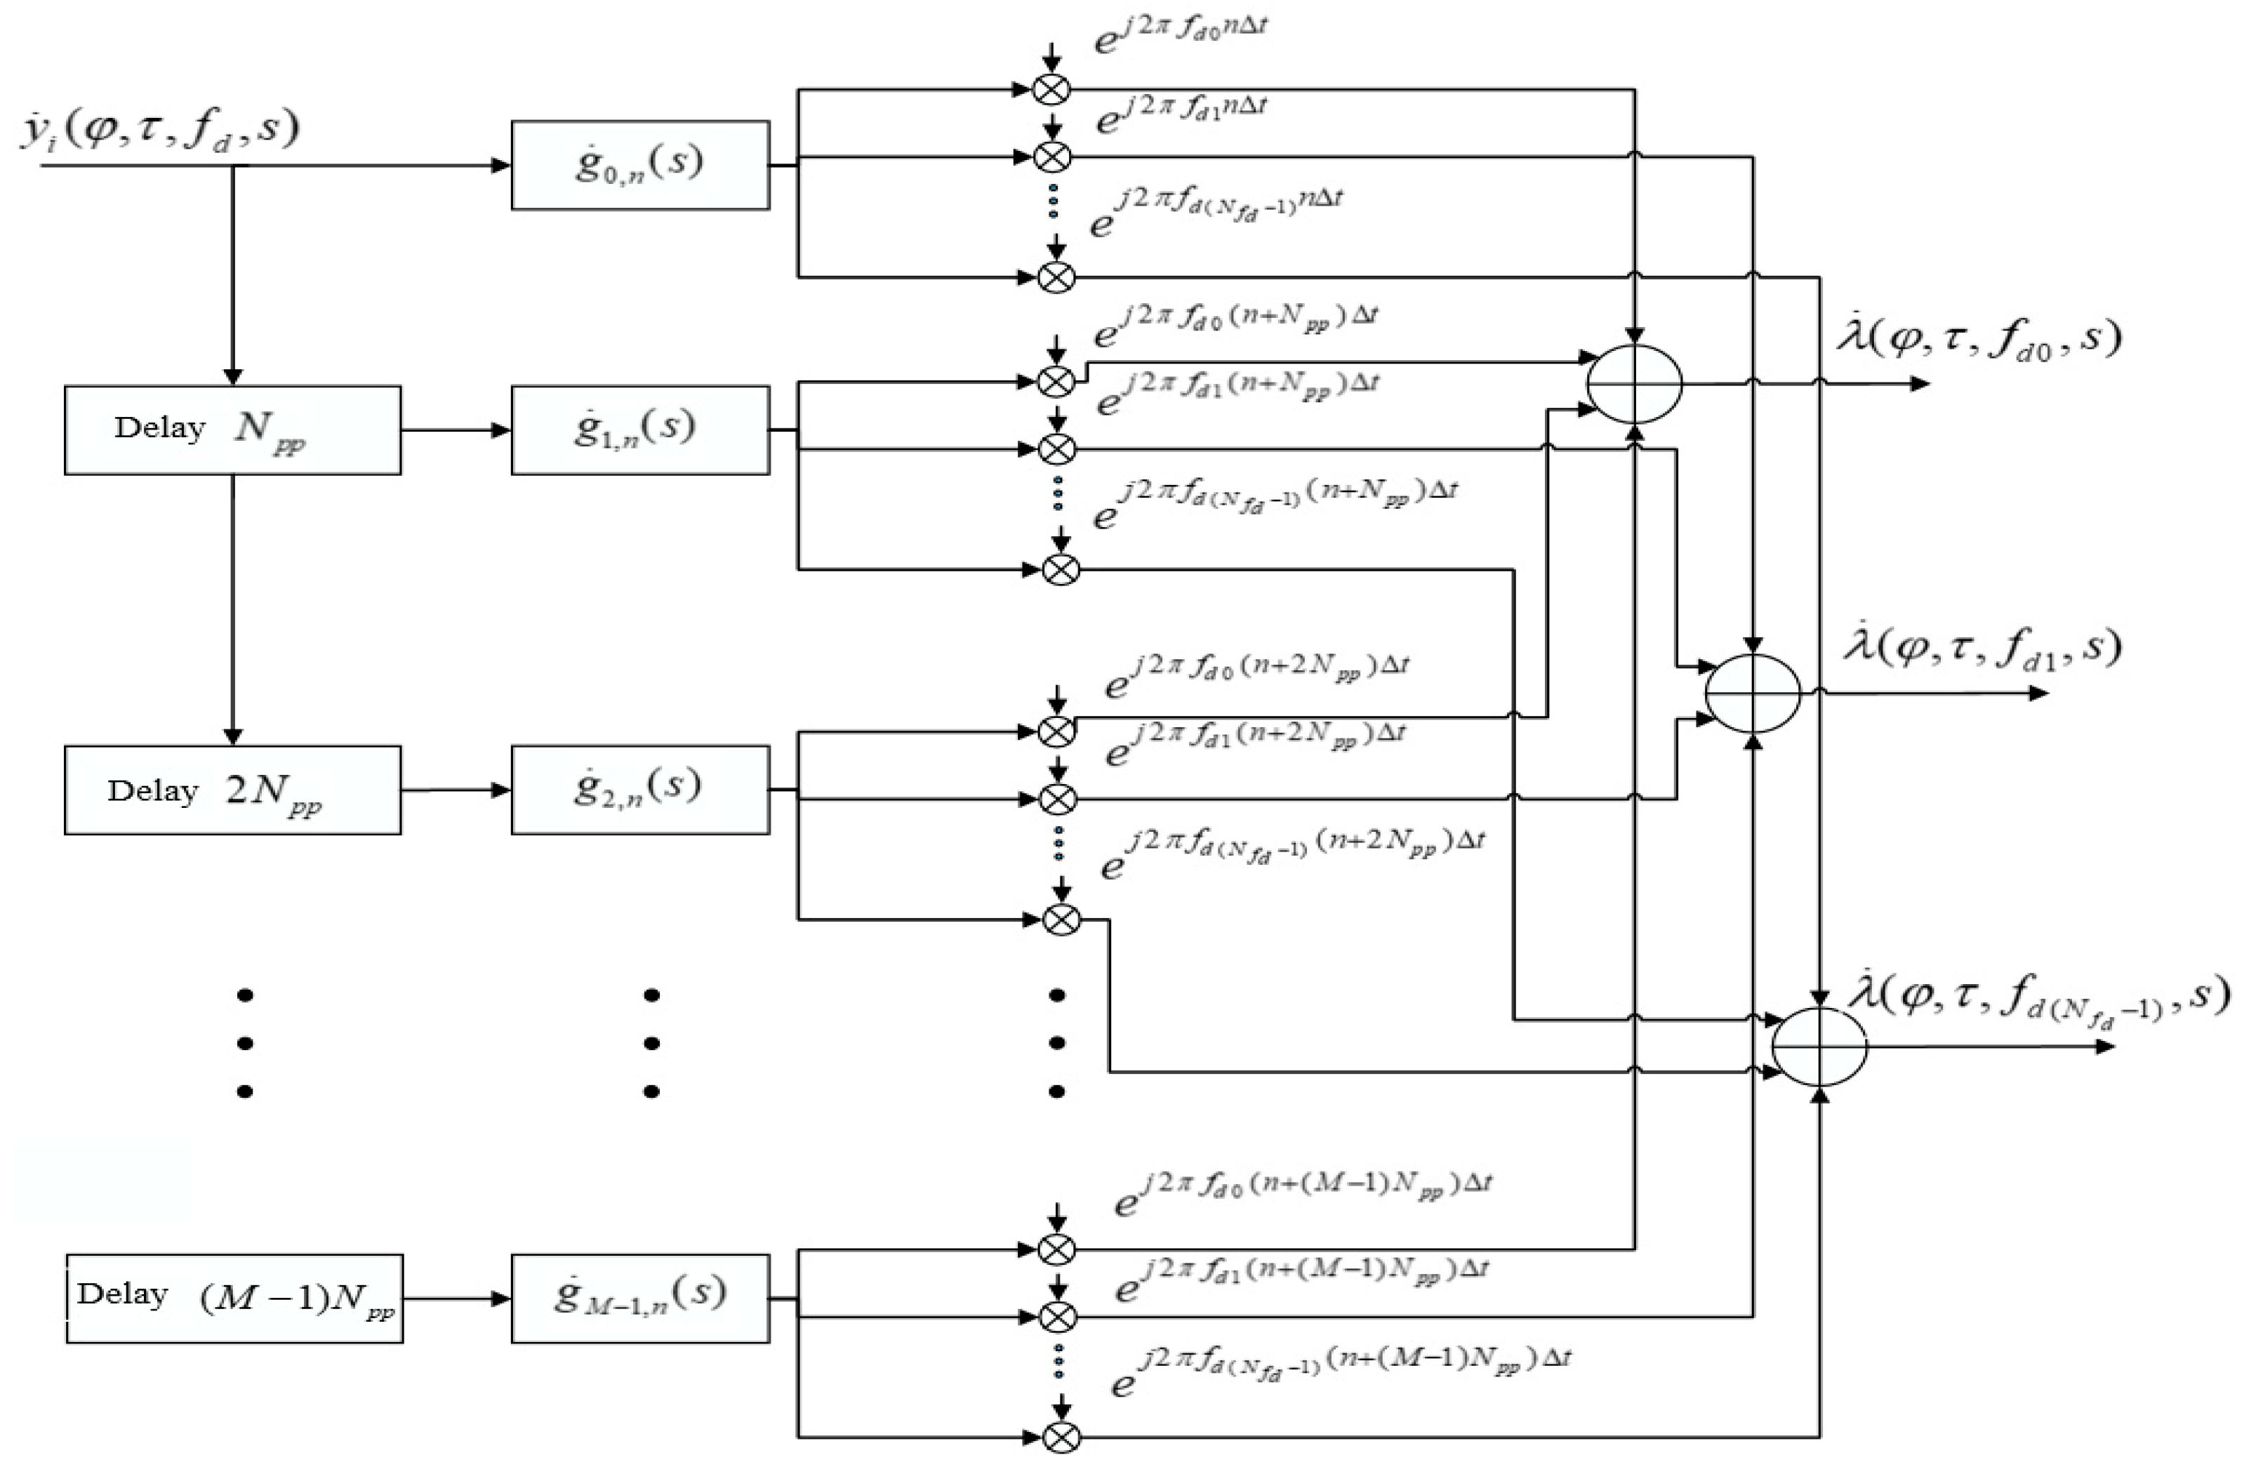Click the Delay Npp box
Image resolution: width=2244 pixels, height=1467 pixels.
coord(232,430)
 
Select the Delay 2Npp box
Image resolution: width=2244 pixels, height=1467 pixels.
coord(232,790)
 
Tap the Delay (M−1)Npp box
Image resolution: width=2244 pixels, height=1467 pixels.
coord(234,1299)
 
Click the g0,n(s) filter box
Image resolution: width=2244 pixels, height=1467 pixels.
coord(640,165)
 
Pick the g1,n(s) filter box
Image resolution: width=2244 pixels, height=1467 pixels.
coord(640,430)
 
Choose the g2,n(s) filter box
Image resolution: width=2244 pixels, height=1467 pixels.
coord(640,790)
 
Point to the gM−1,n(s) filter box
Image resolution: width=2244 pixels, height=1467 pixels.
coord(640,1299)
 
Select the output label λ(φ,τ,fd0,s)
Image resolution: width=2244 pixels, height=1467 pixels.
coord(1978,338)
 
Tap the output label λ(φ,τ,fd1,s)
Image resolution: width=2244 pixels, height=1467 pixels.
coord(1982,648)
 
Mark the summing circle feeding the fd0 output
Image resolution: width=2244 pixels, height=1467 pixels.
coord(1634,384)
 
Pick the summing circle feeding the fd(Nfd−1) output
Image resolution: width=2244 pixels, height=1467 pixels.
coord(1820,1047)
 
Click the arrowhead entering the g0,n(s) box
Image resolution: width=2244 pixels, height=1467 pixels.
coord(500,166)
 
